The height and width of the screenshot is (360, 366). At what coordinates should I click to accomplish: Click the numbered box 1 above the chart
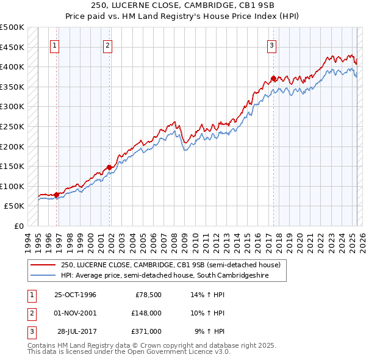55,45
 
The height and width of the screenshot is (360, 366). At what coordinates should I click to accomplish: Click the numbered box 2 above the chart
107,45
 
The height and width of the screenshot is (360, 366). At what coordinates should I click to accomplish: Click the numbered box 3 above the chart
271,45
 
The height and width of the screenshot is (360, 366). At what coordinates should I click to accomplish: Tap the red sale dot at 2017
273,78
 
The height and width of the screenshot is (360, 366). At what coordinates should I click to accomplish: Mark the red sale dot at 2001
110,167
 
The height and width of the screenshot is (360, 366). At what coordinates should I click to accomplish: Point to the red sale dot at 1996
57,195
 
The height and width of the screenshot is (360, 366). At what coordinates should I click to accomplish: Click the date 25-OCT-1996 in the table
75,295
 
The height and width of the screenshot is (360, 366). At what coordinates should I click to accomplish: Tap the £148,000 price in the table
146,313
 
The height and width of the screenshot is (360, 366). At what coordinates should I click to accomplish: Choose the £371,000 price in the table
146,331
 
